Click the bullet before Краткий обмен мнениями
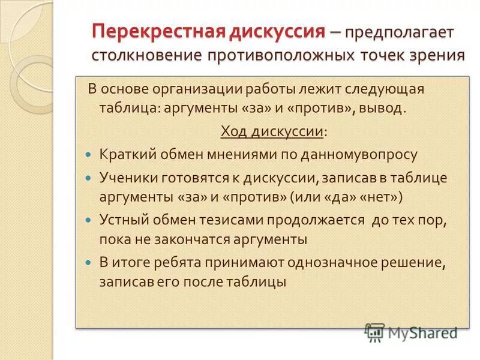(88, 155)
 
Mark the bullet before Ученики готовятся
(88, 179)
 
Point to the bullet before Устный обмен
(88, 221)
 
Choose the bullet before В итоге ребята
(88, 263)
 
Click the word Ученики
(126, 178)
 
